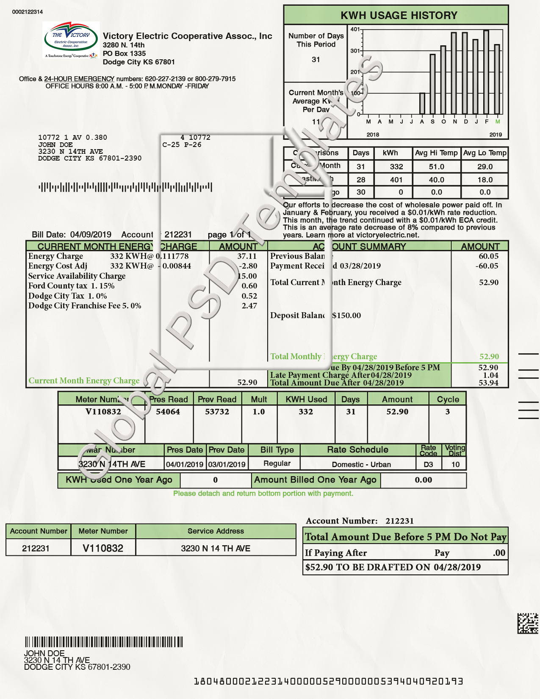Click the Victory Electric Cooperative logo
coord(71,40)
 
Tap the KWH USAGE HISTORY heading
coord(399,16)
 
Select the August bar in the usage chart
coord(422,103)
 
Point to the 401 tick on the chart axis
coord(355,30)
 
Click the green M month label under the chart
coord(498,122)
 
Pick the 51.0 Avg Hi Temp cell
coord(436,167)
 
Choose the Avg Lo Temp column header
coord(485,153)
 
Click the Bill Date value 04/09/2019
coord(91,235)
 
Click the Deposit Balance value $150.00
coord(346,316)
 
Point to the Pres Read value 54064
coord(168,412)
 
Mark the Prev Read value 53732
coord(217,412)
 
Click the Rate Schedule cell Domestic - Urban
coord(361,464)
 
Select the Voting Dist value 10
coord(455,464)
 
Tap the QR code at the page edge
coord(527,623)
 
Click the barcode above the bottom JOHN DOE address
coord(104,642)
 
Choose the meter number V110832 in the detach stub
coord(103,548)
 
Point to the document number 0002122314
coord(28,12)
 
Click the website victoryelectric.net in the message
coord(387,235)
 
